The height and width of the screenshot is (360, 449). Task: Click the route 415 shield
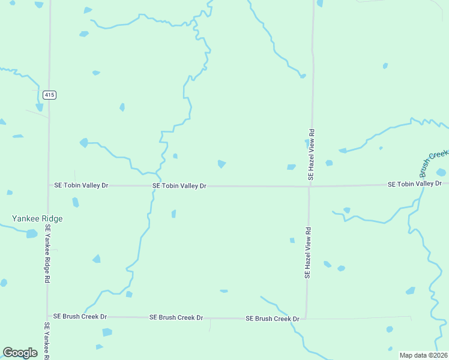click(x=50, y=95)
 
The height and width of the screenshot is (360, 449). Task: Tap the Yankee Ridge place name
click(x=38, y=219)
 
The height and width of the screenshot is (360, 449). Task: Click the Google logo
click(x=20, y=353)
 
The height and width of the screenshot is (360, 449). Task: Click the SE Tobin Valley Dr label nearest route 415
click(x=81, y=185)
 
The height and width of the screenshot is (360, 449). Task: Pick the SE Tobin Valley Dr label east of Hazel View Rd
click(x=415, y=184)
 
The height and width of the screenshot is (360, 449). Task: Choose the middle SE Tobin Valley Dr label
click(x=179, y=186)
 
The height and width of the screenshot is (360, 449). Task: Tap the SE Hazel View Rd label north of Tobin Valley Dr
click(x=311, y=154)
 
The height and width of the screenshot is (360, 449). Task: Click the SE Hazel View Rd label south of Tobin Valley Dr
click(x=307, y=252)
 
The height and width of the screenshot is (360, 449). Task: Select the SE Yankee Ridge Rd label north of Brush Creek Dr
click(x=47, y=254)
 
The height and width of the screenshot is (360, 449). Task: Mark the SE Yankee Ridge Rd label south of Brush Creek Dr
click(x=47, y=341)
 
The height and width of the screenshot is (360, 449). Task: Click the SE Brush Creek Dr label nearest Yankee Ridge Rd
click(x=80, y=316)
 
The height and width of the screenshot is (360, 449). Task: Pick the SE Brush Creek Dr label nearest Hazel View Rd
click(x=272, y=319)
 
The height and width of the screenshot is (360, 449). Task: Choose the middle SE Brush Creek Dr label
click(x=176, y=317)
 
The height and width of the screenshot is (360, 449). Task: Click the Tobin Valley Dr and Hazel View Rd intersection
click(x=309, y=186)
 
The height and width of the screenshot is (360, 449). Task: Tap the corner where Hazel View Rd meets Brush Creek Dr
click(x=306, y=318)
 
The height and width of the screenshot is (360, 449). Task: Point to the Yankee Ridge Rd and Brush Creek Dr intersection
click(x=47, y=316)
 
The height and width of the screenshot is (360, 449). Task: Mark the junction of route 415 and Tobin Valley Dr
click(x=49, y=185)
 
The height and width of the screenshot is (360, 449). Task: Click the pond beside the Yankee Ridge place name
click(x=31, y=233)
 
